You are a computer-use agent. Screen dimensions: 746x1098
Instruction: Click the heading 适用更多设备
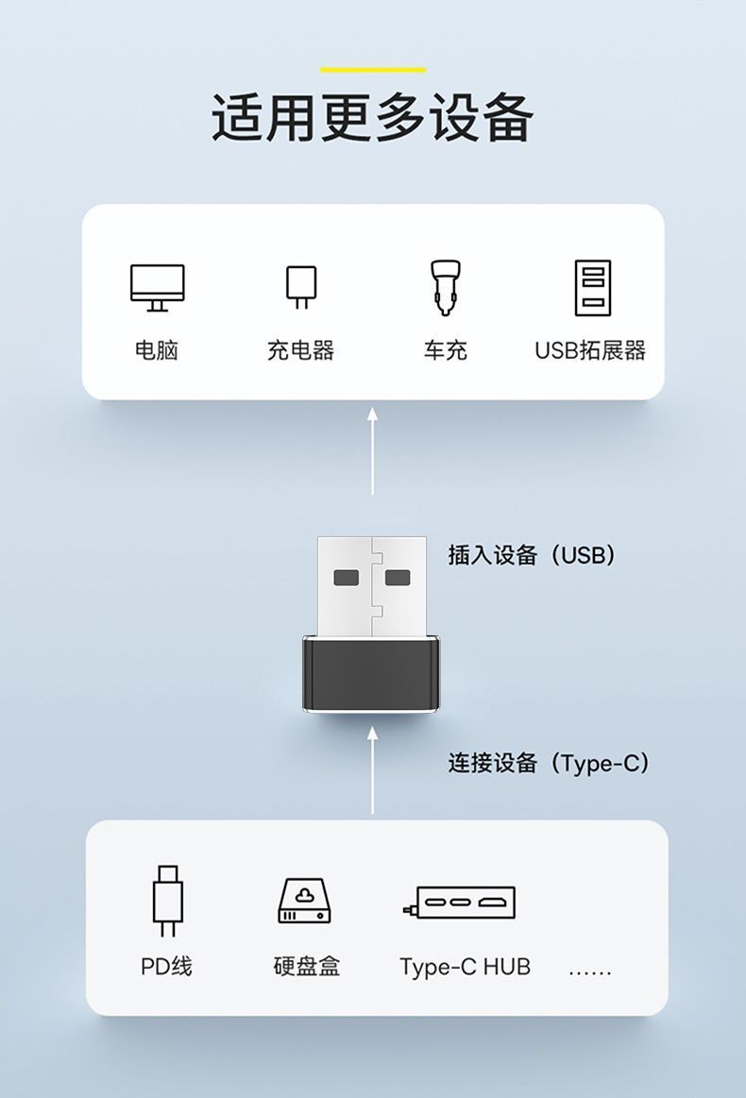372,118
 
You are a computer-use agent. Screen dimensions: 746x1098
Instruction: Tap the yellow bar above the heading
372,70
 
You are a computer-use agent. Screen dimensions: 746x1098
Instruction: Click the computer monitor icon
157,287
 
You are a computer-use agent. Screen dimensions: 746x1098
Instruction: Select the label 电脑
157,350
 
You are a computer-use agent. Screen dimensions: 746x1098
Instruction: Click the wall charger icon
300,287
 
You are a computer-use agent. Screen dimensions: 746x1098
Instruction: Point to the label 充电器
300,350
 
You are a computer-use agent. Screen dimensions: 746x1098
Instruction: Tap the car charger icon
445,287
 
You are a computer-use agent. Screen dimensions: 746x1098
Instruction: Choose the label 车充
445,350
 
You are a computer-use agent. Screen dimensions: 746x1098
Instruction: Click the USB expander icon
592,287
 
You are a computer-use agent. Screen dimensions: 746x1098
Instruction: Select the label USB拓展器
590,350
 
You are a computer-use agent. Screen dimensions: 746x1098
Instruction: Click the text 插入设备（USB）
532,555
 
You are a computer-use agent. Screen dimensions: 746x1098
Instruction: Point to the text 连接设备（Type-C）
549,763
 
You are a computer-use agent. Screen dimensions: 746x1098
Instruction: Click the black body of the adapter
371,674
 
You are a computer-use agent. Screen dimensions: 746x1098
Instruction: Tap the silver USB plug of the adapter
371,585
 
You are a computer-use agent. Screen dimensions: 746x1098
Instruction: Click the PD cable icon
167,900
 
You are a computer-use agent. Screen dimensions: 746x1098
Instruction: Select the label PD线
166,967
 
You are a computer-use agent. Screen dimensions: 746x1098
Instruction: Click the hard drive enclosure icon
306,900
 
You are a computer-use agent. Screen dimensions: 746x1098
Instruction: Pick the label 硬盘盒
306,967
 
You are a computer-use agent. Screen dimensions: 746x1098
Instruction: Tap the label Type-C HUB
465,967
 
